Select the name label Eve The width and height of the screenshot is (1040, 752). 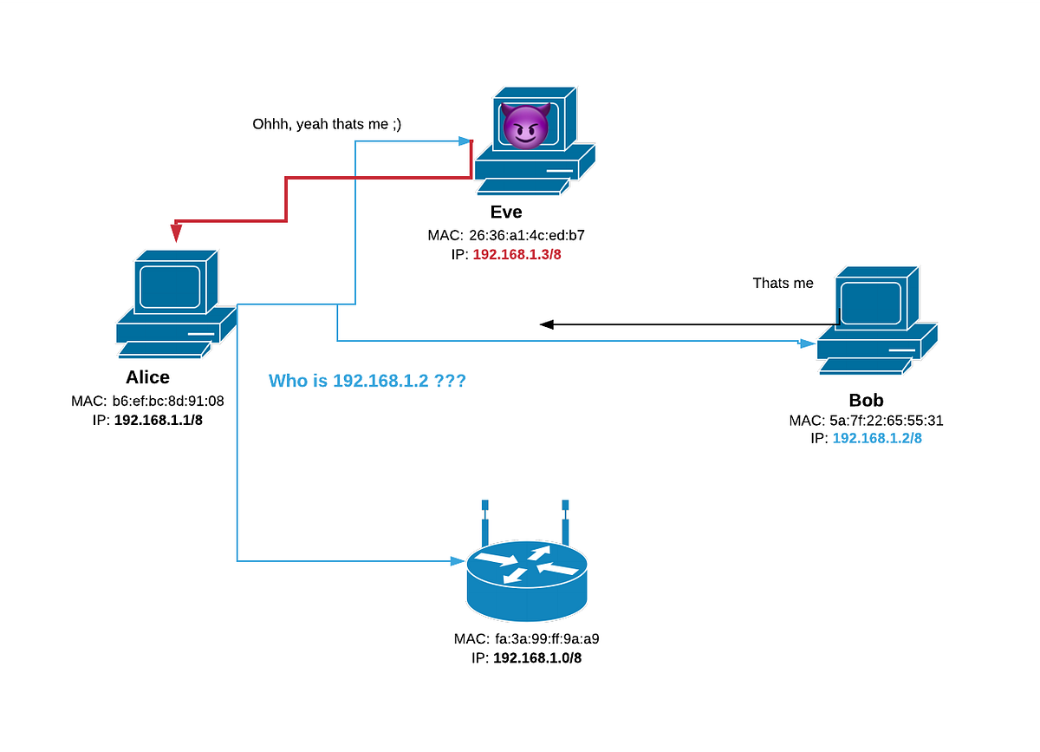506,213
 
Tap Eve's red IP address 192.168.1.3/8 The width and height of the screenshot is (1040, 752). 517,254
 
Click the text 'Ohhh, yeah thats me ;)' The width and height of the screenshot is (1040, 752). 327,125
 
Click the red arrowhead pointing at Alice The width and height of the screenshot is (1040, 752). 176,232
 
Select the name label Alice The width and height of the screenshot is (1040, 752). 147,377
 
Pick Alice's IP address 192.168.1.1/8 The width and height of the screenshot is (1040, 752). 159,420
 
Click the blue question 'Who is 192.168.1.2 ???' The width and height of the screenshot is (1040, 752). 367,380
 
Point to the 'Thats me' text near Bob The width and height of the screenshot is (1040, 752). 783,283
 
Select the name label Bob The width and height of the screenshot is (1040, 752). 866,401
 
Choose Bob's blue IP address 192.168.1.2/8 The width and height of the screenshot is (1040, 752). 877,439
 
